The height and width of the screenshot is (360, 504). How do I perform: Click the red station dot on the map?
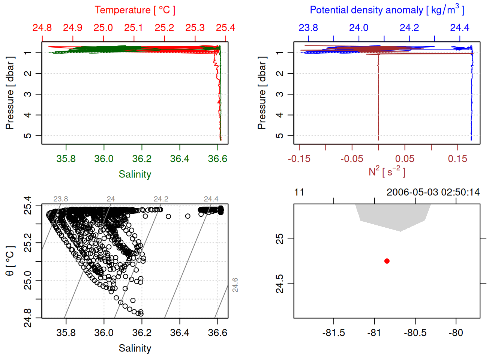point(387,261)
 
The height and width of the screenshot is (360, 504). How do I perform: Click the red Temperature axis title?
point(135,10)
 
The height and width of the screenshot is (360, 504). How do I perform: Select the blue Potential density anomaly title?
point(387,10)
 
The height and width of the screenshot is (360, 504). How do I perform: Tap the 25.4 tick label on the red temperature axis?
point(225,28)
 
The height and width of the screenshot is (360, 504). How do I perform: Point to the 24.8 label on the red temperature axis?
point(42,28)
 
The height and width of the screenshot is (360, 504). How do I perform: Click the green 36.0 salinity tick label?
point(104,159)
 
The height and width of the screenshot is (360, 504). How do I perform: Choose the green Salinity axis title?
point(135,174)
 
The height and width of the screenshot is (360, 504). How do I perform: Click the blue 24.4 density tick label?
point(459,28)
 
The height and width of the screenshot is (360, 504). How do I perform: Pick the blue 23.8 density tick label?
point(308,28)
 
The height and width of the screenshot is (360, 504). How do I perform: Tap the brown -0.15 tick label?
point(299,159)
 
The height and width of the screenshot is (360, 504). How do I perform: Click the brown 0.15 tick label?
point(457,159)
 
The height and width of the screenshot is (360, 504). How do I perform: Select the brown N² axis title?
point(387,172)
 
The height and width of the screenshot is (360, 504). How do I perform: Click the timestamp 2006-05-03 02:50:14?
point(433,192)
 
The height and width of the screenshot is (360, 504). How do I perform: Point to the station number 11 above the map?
point(299,192)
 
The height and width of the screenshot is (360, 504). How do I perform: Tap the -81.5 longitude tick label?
point(333,333)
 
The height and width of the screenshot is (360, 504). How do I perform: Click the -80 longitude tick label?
point(456,333)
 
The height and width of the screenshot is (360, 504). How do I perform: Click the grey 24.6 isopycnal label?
point(235,285)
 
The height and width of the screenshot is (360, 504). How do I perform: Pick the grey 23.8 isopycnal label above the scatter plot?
point(61,199)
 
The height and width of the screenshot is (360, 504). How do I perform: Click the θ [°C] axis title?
point(10,261)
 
